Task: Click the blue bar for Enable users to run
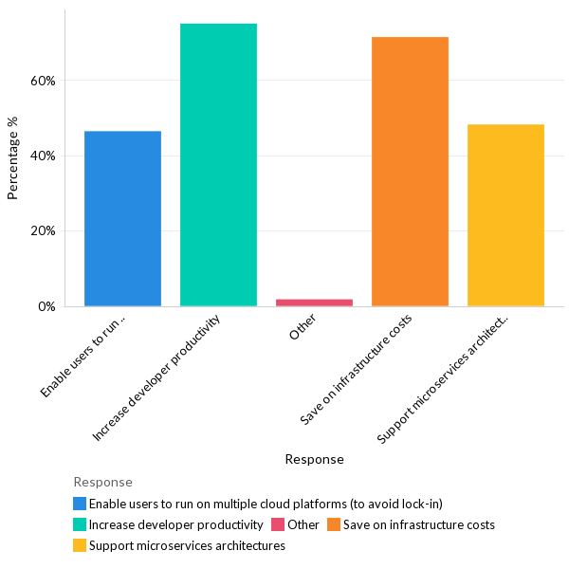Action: pos(122,218)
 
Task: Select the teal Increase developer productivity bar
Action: pos(218,165)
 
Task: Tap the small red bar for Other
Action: pos(314,303)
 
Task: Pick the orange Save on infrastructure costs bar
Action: pos(410,172)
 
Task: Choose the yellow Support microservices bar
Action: pos(505,215)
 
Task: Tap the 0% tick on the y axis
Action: pos(46,306)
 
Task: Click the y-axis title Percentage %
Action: pos(13,157)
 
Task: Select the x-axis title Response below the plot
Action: pos(314,459)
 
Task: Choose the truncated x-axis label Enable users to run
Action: pos(85,357)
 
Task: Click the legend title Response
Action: pos(102,482)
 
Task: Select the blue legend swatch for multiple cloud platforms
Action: pos(80,504)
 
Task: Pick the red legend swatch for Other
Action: pos(278,524)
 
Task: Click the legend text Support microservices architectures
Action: pos(187,545)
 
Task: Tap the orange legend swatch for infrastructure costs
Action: pos(333,524)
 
